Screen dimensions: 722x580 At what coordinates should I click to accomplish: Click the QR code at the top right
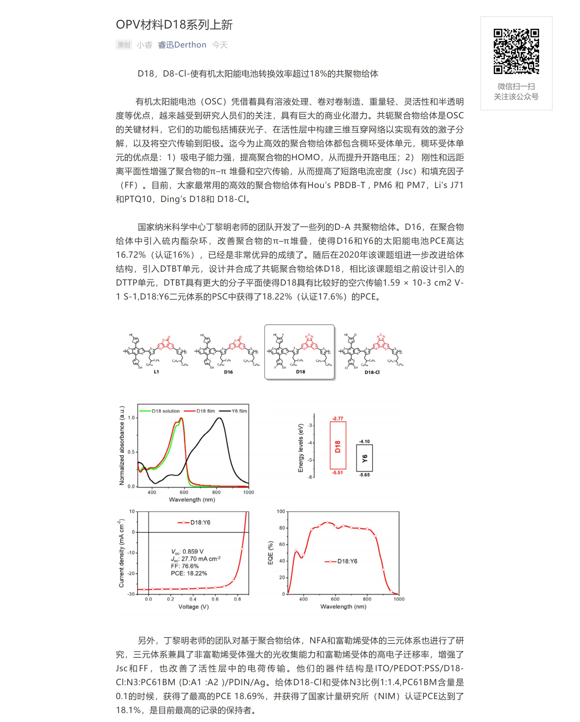pyautogui.click(x=516, y=51)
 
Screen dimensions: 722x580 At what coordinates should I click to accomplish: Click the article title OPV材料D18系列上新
pyautogui.click(x=174, y=25)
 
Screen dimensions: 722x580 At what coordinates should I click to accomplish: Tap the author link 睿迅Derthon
pyautogui.click(x=182, y=45)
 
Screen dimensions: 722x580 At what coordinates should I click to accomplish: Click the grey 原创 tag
pyautogui.click(x=124, y=45)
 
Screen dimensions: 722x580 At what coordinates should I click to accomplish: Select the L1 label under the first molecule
pyautogui.click(x=156, y=372)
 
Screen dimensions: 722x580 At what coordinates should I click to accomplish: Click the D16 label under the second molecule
pyautogui.click(x=228, y=372)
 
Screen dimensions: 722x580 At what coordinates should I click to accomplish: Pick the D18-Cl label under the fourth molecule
pyautogui.click(x=372, y=372)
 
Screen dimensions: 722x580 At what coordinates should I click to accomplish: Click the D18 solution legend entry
pyautogui.click(x=160, y=411)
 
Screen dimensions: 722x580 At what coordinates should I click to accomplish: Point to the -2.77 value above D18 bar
pyautogui.click(x=337, y=418)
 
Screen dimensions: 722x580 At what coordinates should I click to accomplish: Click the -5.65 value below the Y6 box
pyautogui.click(x=364, y=475)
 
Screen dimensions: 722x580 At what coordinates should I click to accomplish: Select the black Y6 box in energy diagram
pyautogui.click(x=364, y=458)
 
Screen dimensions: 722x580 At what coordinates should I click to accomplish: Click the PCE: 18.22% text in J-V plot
pyautogui.click(x=189, y=573)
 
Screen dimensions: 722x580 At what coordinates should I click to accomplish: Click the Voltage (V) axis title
pyautogui.click(x=193, y=607)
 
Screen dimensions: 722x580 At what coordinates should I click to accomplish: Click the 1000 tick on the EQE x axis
pyautogui.click(x=399, y=599)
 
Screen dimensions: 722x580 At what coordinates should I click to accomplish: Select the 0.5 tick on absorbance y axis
pyautogui.click(x=131, y=452)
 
